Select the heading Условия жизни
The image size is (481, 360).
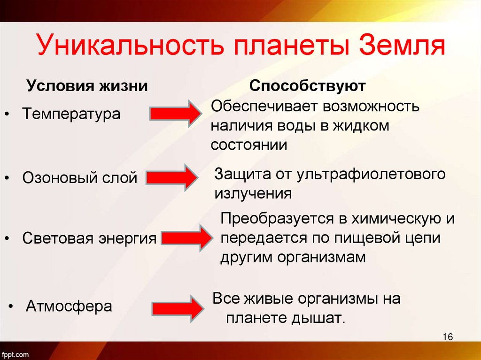click(87, 86)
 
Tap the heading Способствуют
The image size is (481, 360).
click(308, 86)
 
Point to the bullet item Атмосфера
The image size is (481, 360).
click(69, 306)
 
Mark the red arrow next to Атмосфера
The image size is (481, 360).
click(177, 307)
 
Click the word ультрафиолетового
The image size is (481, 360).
click(371, 175)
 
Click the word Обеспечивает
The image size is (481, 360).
click(264, 107)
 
